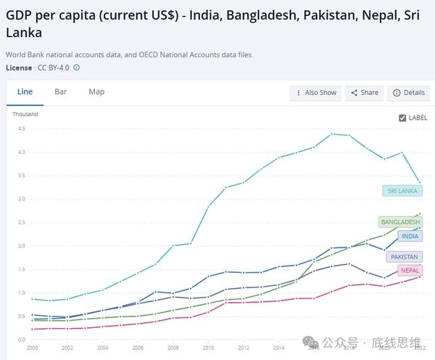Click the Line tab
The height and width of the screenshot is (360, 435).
25,92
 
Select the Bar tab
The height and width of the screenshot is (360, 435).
61,92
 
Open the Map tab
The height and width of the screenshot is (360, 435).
96,92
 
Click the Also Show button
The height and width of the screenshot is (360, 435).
315,93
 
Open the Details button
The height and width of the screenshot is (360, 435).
408,93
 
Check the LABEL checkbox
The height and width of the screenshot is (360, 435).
403,118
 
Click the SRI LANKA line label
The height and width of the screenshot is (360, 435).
402,191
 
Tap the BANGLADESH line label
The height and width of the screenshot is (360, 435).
399,221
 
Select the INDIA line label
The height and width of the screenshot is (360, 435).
410,236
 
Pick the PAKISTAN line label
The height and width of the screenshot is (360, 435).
405,256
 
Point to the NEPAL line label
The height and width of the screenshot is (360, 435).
409,271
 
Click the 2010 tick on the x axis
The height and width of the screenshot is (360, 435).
209,347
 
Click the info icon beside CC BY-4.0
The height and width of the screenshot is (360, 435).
77,67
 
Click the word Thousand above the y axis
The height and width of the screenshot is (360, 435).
25,114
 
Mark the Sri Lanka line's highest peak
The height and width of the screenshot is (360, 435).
332,134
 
